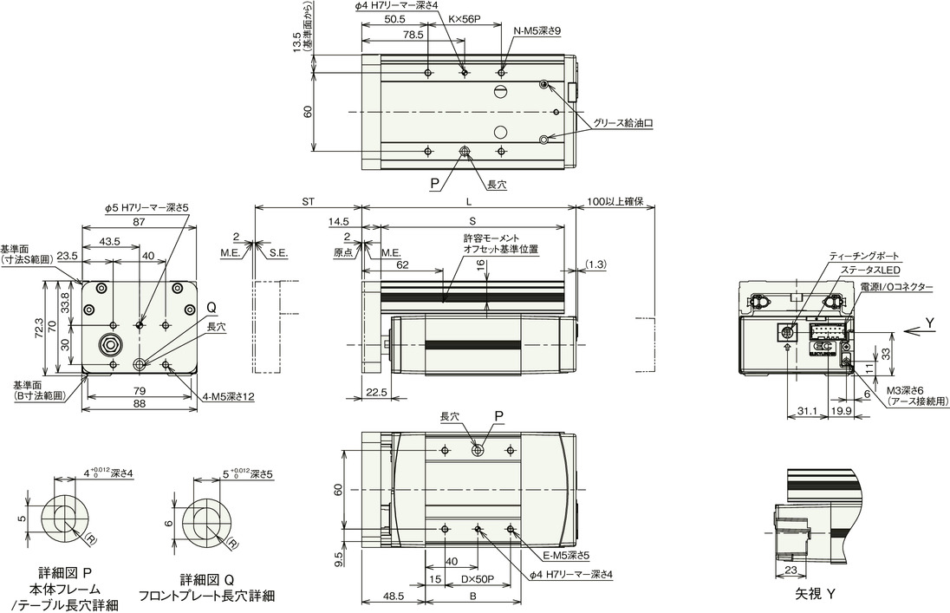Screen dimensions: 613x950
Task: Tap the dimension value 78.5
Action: (413, 36)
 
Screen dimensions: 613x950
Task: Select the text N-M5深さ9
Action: (538, 31)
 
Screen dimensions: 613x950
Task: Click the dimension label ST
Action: (308, 201)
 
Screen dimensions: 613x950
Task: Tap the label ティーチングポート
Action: (865, 257)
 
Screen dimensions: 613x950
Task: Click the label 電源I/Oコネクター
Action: (896, 287)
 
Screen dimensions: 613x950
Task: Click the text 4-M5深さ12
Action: (226, 398)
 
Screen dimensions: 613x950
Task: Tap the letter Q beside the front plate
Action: (211, 308)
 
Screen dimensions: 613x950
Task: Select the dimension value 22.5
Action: (376, 392)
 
